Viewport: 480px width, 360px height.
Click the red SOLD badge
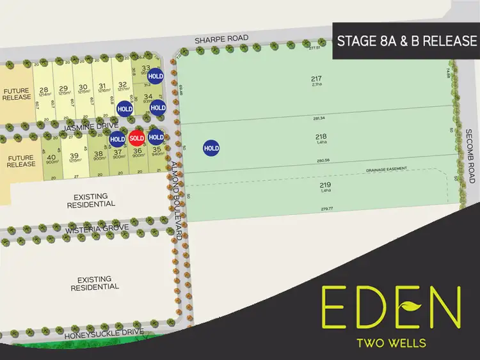136,138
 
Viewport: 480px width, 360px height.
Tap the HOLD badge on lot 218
211,148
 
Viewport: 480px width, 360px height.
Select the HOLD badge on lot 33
155,76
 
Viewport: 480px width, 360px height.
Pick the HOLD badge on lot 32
125,109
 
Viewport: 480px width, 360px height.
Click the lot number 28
44,90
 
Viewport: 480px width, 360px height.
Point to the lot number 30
83,88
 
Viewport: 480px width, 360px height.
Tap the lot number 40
52,156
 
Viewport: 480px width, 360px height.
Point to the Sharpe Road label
221,39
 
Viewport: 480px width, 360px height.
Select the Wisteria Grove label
96,228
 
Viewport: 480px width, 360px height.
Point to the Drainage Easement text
387,171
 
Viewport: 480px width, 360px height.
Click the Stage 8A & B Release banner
406,41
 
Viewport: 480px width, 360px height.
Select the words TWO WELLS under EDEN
391,343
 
